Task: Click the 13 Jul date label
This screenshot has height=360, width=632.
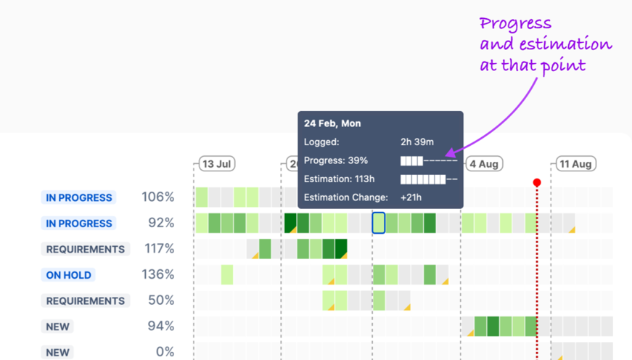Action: point(216,164)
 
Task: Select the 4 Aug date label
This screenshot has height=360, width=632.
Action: point(483,164)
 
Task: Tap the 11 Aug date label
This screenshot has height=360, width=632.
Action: point(575,164)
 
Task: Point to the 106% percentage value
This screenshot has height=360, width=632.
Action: point(157,197)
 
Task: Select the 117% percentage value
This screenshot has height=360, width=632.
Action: point(158,248)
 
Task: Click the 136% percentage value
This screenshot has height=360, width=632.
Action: point(157,274)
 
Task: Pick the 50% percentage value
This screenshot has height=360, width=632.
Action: point(160,300)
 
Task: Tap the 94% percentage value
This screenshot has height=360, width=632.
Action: point(160,326)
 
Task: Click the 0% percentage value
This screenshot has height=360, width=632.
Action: point(165,351)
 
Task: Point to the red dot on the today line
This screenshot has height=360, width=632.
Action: point(537,182)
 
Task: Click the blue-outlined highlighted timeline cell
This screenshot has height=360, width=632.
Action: point(378,223)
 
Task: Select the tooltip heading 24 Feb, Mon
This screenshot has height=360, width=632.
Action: point(332,123)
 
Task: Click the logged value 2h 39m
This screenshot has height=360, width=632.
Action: point(417,142)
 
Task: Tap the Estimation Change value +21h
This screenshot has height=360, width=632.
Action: point(411,197)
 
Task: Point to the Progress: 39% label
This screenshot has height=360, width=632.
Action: point(336,160)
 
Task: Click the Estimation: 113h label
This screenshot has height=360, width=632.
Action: point(339,179)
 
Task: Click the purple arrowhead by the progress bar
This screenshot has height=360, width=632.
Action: point(449,154)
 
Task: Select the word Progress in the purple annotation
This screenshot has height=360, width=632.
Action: point(515,23)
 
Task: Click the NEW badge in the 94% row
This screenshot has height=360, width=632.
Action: point(57,327)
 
